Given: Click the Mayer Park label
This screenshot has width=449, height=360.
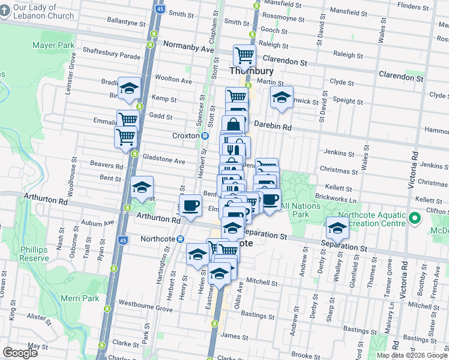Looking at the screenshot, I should click(x=53, y=45).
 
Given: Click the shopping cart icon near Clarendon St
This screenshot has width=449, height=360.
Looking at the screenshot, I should click(x=245, y=56).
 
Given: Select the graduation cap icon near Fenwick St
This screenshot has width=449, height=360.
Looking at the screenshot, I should click(x=281, y=97).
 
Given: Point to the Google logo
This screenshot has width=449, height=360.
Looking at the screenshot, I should click(x=20, y=353).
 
